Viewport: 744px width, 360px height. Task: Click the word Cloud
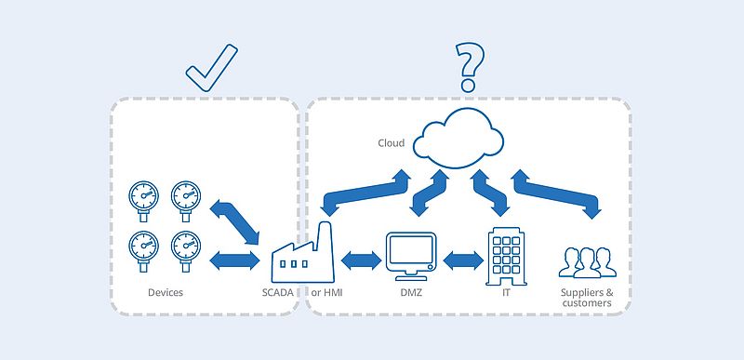(391, 143)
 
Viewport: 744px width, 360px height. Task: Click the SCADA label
(277, 293)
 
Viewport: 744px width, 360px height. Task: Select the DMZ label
(411, 293)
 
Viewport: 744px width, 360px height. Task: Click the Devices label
(166, 293)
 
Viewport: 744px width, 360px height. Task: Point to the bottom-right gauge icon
(186, 247)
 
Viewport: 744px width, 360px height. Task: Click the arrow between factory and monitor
(362, 261)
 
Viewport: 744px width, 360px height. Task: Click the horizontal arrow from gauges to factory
(235, 261)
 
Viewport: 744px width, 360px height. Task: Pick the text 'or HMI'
(328, 293)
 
